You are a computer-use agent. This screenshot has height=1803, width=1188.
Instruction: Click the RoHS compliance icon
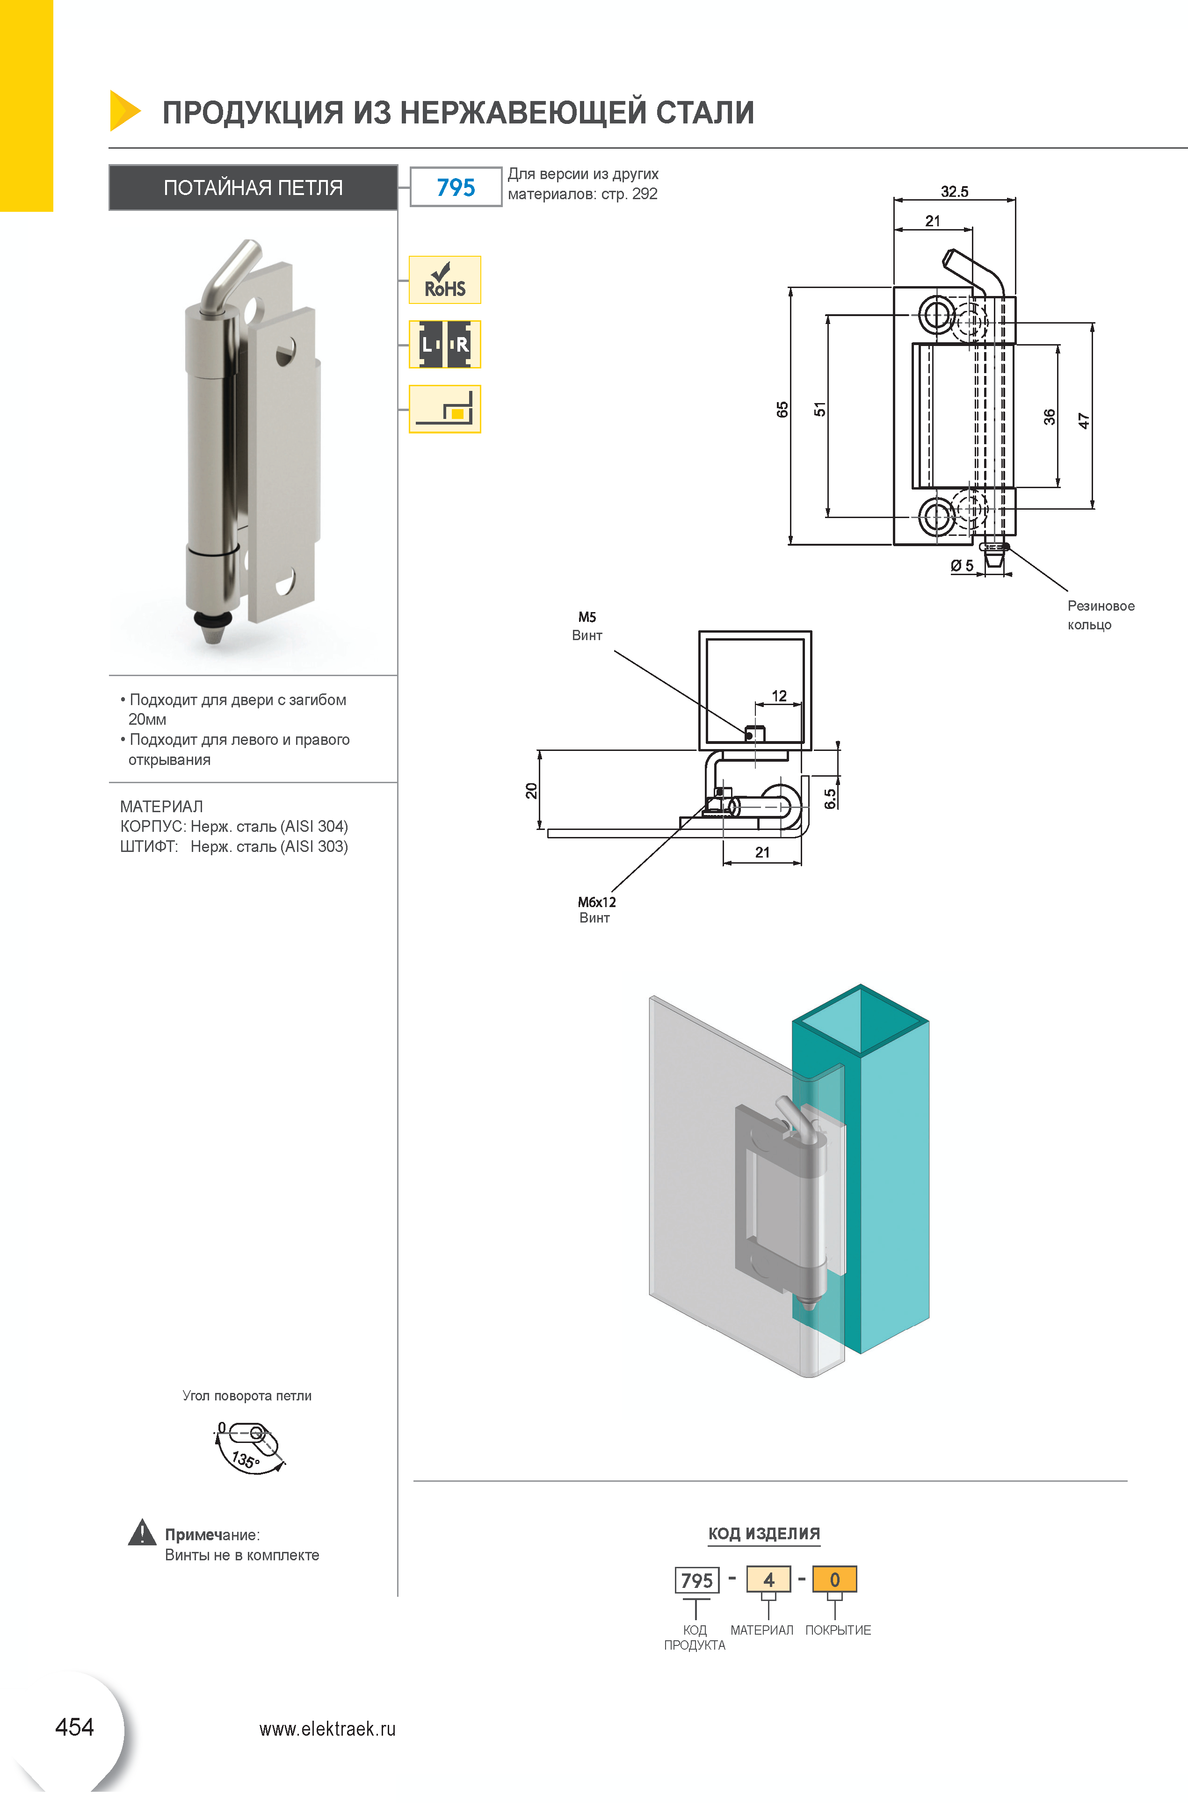point(445,280)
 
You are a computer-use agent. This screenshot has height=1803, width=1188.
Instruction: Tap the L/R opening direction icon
point(445,344)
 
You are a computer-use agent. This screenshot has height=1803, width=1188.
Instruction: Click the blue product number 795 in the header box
point(456,187)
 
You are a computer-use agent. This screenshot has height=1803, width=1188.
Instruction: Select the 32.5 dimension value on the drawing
point(955,192)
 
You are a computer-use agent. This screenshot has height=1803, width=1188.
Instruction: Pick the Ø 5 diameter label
point(962,566)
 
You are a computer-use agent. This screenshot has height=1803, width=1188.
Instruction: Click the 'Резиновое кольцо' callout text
point(1101,615)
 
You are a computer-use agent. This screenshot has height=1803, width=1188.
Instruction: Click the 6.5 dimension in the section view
point(830,799)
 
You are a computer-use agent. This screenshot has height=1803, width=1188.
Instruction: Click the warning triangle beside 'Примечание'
point(142,1532)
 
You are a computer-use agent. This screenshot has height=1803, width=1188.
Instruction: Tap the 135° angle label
point(246,1459)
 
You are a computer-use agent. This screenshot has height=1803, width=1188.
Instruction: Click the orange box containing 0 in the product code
point(834,1579)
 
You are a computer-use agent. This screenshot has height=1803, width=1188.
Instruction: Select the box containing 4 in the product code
point(768,1579)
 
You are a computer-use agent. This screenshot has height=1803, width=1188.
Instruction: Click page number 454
point(74,1727)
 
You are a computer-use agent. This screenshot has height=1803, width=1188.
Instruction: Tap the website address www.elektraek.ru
point(327,1729)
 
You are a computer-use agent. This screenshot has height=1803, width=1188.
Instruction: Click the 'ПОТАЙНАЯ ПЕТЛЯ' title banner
point(253,187)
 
